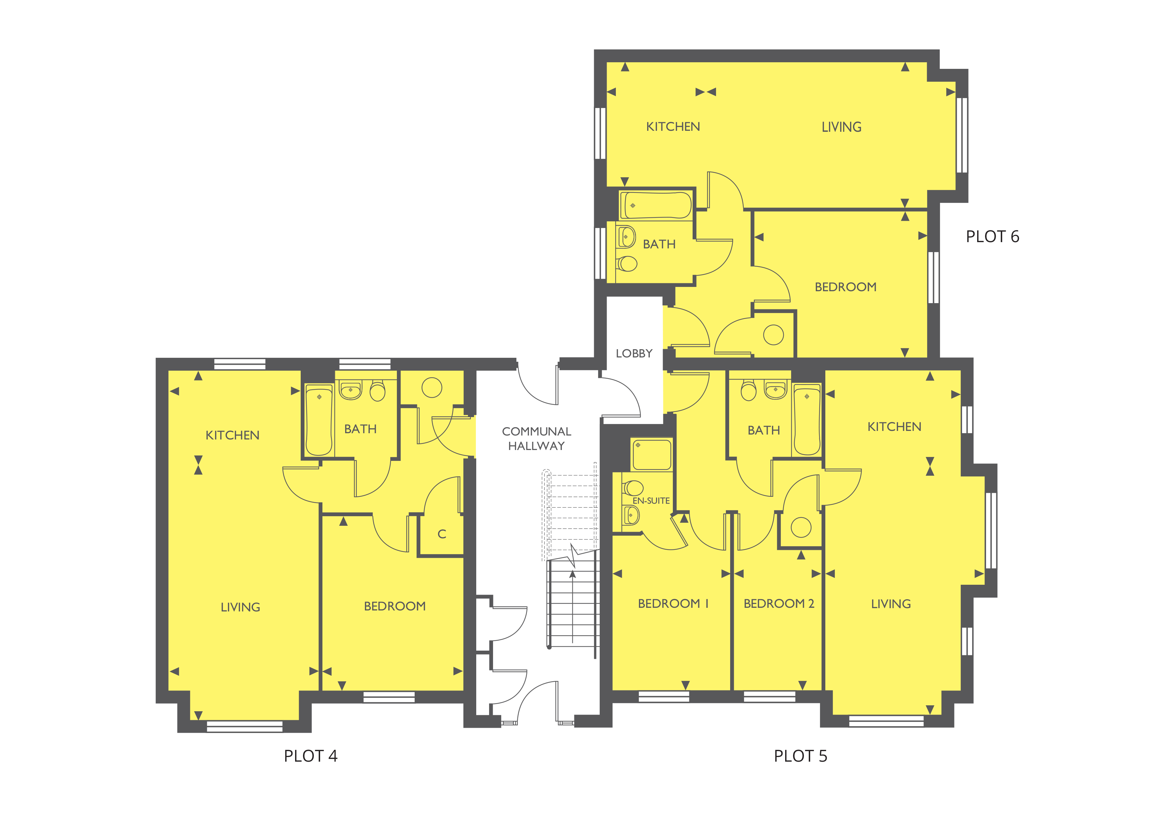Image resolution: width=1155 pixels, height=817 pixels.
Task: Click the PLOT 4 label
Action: pos(310,756)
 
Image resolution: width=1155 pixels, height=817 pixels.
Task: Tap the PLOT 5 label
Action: pos(800,756)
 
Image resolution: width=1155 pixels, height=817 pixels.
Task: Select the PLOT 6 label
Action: pos(992,237)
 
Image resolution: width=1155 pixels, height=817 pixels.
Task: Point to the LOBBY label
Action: pos(634,354)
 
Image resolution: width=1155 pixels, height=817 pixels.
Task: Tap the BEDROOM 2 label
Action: pos(779,604)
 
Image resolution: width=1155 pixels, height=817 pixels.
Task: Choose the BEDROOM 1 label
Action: pos(673,604)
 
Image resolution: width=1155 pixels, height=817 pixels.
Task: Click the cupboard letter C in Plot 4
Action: pos(442,534)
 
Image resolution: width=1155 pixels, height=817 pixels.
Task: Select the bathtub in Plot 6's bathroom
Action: pos(655,205)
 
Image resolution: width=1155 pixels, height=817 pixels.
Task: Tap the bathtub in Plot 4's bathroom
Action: pos(319,420)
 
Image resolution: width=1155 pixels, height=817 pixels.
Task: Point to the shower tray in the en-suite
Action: pos(651,454)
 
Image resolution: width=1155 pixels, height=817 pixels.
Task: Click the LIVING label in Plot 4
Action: pos(240,607)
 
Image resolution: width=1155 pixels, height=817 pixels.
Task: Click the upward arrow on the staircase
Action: pos(572,575)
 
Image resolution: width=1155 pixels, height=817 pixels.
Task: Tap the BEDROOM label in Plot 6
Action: pos(845,287)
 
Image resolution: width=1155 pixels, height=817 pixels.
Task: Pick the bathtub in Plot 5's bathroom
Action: pos(807,420)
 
